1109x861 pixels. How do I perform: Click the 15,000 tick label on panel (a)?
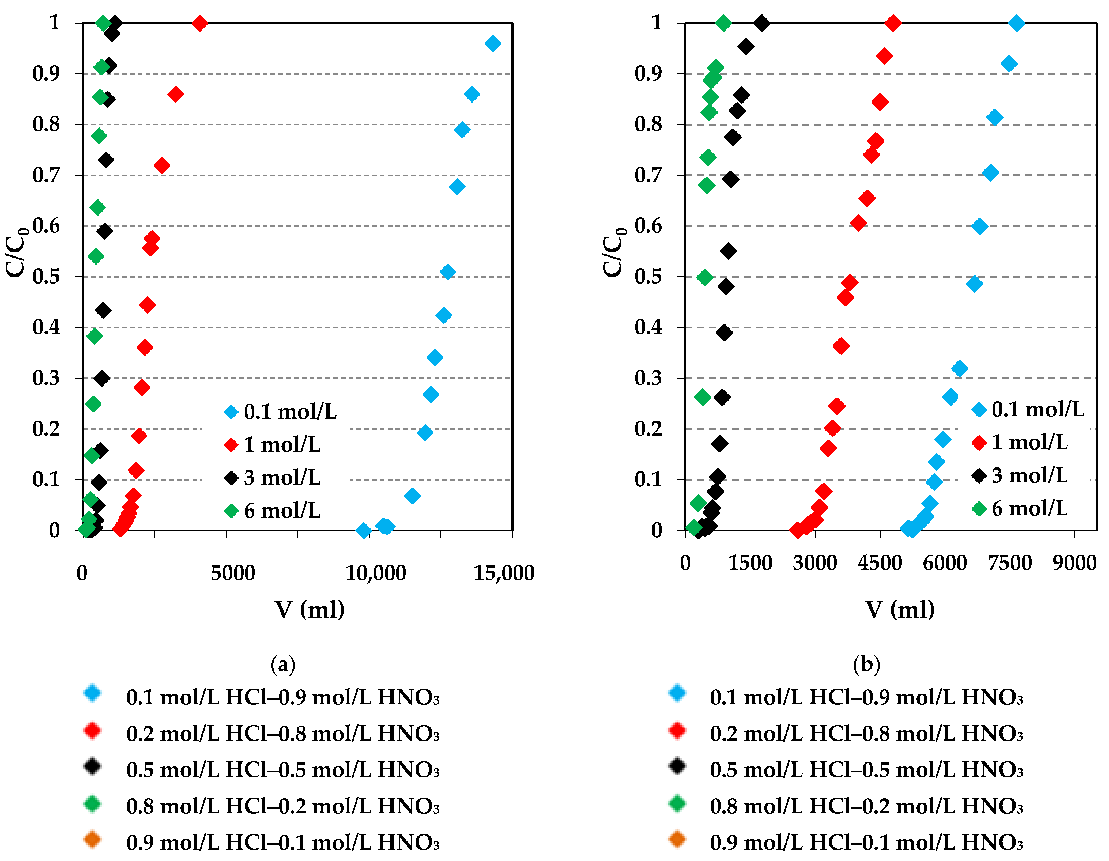(x=504, y=573)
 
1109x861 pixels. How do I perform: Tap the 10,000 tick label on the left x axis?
(x=375, y=573)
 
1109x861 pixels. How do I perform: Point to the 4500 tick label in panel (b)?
(x=880, y=563)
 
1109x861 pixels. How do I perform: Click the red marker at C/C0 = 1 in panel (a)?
(x=199, y=23)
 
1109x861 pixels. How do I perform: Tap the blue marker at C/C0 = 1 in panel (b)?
(x=1016, y=23)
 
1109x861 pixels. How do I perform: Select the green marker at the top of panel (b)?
(x=723, y=23)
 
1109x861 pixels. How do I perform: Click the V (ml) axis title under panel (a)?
(x=310, y=609)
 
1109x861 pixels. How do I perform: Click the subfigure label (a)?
(x=283, y=664)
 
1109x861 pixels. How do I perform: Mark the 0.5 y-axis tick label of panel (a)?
(x=46, y=277)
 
